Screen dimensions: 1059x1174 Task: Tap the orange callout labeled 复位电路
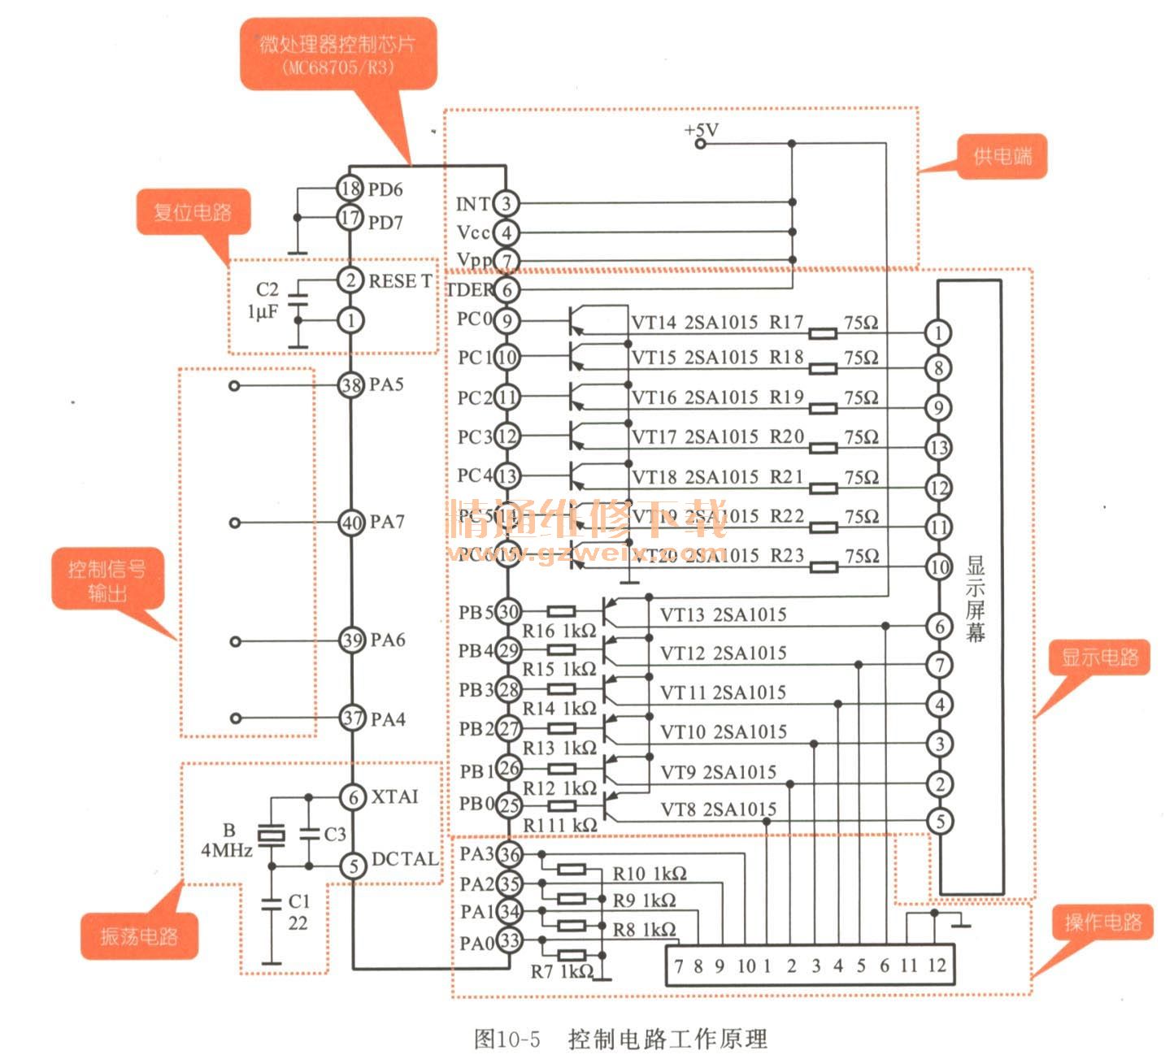(x=193, y=213)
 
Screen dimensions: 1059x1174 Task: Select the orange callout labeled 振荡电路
(x=139, y=936)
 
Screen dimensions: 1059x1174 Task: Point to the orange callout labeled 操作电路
(x=1102, y=922)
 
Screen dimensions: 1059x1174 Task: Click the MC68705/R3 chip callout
(x=337, y=54)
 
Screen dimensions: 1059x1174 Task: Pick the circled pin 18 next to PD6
(x=350, y=189)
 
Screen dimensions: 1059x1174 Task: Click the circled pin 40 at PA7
(x=351, y=523)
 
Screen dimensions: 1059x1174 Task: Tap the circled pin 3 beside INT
(x=506, y=203)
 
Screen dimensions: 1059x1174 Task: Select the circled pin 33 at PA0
(x=509, y=941)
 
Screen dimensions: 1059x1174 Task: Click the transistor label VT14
(x=654, y=322)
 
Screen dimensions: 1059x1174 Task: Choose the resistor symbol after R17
(x=824, y=332)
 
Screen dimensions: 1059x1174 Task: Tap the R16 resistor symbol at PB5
(x=561, y=611)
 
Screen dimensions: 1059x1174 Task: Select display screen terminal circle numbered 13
(x=938, y=447)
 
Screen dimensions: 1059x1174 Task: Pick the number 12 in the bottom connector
(x=937, y=966)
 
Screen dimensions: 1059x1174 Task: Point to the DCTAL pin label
(x=404, y=859)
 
